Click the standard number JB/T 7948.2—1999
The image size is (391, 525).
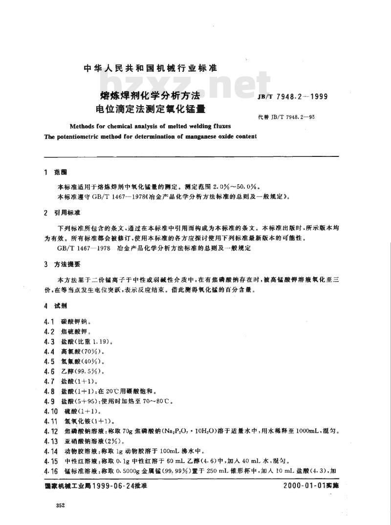click(298, 97)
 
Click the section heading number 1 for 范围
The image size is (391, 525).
click(45, 173)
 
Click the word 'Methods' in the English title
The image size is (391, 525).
click(85, 126)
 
